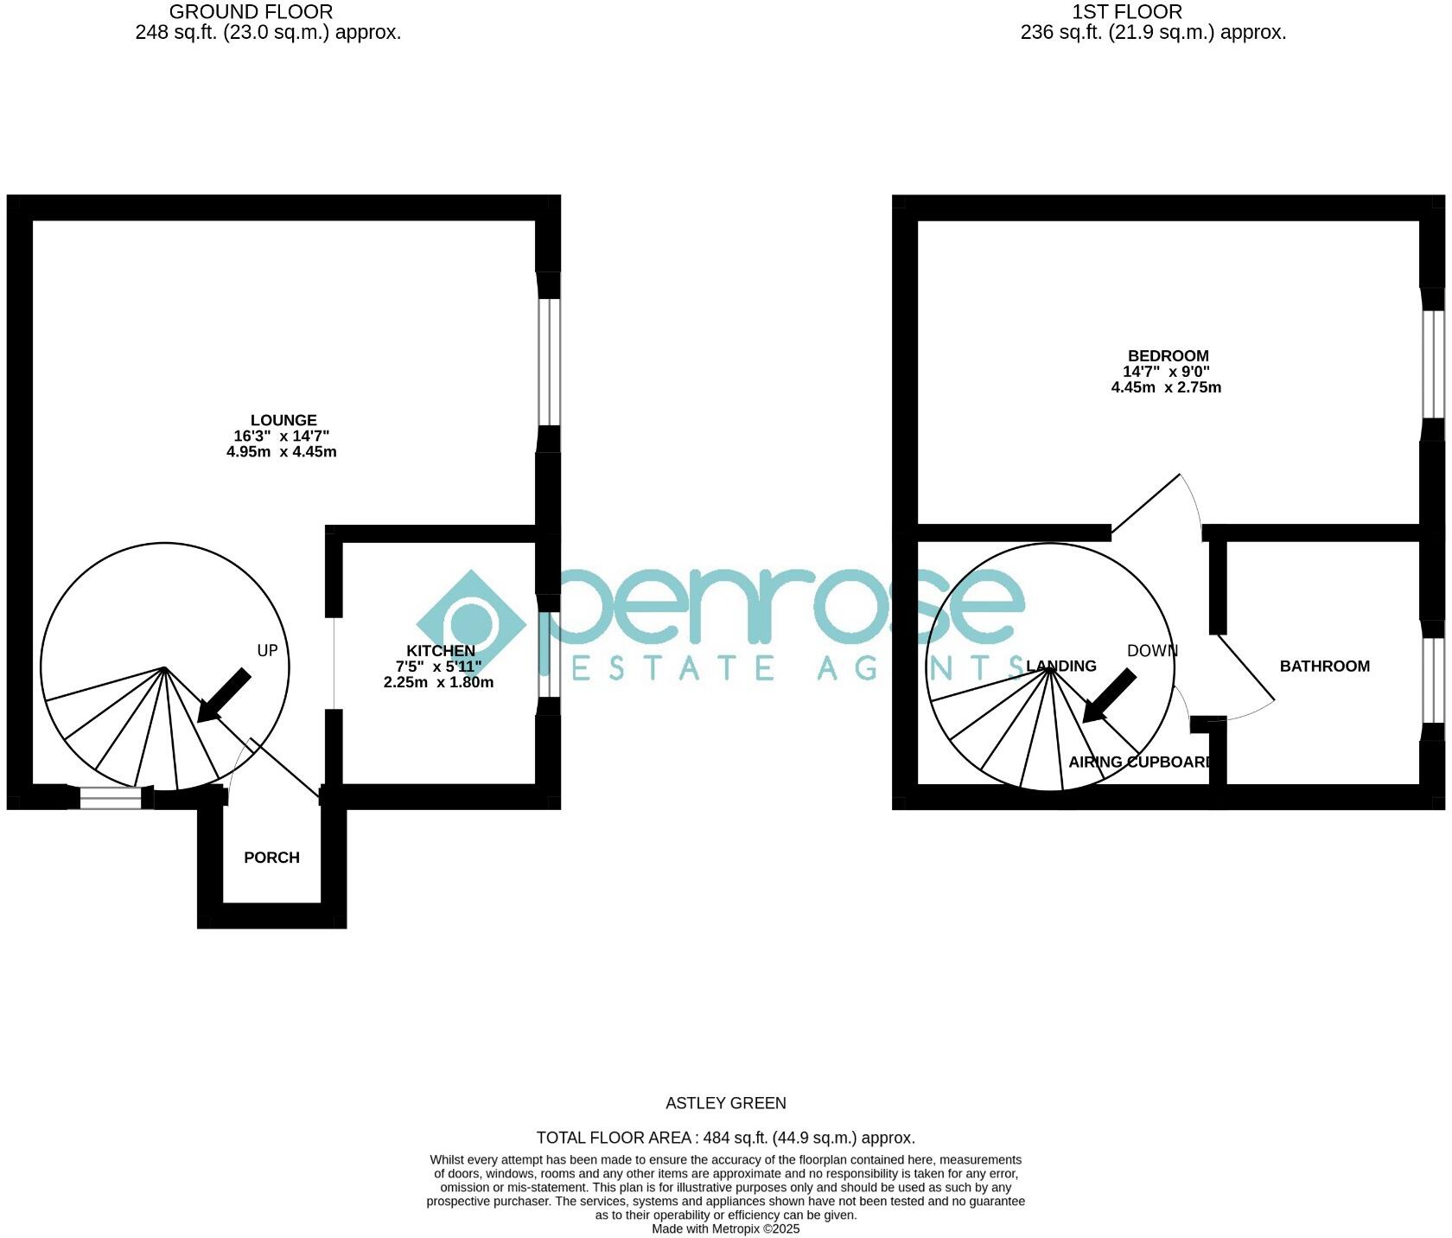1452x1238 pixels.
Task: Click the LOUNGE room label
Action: tap(283, 421)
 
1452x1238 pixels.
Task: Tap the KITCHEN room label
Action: tap(441, 651)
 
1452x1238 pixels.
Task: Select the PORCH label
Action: tap(271, 858)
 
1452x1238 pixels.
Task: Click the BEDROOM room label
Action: tap(1168, 356)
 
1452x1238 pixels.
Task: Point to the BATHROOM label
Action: tap(1324, 667)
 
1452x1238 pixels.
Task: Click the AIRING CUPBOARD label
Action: tap(1140, 763)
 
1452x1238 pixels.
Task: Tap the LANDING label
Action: tap(1061, 667)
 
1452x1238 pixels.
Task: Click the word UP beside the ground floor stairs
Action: tap(267, 651)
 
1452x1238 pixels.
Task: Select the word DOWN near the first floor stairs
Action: tap(1152, 651)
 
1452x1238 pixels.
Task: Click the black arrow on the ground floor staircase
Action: tap(223, 695)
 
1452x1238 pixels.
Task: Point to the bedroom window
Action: tap(1433, 365)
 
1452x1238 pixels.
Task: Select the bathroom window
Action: tap(1433, 680)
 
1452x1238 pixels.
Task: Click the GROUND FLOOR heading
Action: tap(251, 12)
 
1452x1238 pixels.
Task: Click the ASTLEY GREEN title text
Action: tap(726, 1103)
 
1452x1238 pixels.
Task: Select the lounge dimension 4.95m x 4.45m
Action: tap(282, 452)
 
